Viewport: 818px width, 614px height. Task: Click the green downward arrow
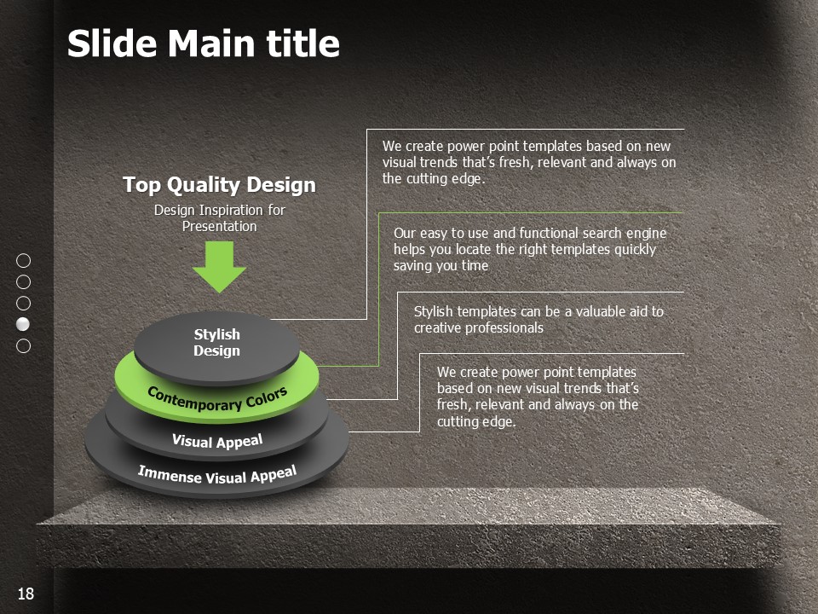pos(219,266)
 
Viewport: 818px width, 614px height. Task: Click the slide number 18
pos(26,594)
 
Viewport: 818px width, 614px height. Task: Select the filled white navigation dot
pos(24,324)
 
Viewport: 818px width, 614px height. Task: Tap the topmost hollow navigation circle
pos(24,261)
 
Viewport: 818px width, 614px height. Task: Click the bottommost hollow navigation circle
pos(24,345)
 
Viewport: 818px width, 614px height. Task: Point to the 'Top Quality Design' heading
pos(219,185)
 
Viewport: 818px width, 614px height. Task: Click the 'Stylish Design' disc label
pos(217,343)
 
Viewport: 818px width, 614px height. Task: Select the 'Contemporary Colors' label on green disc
pos(217,399)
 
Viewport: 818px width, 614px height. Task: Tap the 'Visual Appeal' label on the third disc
pos(217,441)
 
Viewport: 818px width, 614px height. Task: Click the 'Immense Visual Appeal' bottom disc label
pos(217,475)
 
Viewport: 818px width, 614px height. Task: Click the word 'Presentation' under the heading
pos(220,227)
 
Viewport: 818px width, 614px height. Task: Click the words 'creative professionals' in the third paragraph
pos(479,327)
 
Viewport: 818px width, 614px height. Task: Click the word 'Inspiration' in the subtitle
pos(231,211)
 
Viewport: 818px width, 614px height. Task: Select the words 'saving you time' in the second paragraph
pos(441,266)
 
